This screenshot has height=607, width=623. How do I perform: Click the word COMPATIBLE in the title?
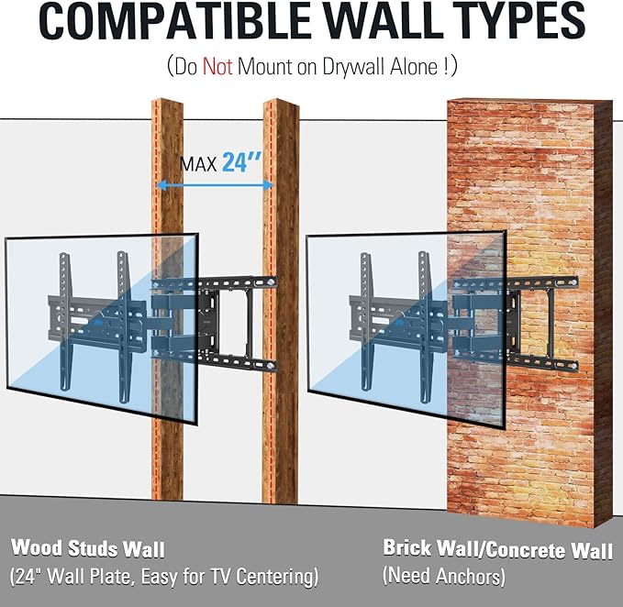coord(174,20)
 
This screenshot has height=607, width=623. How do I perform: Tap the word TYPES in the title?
coord(518,20)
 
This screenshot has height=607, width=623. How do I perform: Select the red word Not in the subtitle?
coord(217,66)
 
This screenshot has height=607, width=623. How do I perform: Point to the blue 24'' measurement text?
coord(241,161)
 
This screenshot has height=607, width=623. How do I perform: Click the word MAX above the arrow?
coord(198,164)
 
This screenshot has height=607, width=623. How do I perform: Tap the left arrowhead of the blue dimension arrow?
coord(161,184)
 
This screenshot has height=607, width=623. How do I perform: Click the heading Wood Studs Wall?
coord(88,548)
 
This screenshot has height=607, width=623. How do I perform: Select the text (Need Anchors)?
coord(444,576)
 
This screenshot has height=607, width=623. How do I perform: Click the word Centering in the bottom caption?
coord(277,577)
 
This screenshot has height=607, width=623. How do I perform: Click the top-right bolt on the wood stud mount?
coord(271,281)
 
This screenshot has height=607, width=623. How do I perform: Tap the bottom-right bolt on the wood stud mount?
coord(272,365)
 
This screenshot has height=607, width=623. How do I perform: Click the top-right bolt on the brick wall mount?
coord(573,282)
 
